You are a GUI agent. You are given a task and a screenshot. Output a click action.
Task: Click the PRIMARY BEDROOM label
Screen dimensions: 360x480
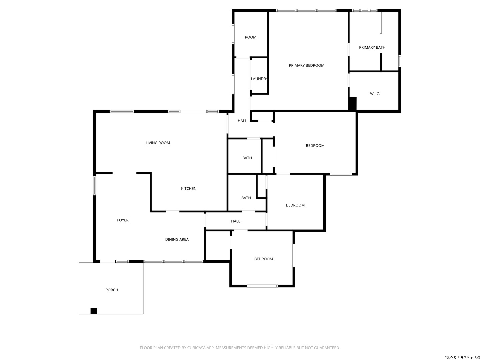[x=306, y=65]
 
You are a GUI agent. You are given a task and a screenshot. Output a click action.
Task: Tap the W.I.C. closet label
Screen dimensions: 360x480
[x=375, y=94]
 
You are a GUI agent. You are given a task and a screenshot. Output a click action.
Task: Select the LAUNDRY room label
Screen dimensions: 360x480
[x=259, y=79]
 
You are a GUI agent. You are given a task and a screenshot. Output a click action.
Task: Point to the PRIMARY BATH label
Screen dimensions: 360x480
[x=372, y=47]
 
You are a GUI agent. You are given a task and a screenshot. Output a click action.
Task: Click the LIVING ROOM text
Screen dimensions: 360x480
[x=158, y=143]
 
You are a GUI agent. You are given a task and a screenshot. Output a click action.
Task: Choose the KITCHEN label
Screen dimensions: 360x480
[x=189, y=189]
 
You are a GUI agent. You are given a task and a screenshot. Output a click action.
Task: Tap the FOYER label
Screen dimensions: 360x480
[x=123, y=220]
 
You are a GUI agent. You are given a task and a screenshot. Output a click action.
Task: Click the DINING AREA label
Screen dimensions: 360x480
[x=177, y=239]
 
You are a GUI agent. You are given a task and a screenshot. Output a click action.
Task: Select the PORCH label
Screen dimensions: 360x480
[x=112, y=290]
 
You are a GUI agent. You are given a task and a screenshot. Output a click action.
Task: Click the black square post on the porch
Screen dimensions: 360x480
[x=94, y=311]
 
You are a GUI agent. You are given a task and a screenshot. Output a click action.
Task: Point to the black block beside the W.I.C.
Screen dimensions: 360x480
[x=352, y=104]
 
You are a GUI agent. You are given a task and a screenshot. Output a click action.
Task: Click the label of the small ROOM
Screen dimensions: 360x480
[x=251, y=37]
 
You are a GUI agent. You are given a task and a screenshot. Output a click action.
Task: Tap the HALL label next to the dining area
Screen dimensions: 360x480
[x=235, y=221]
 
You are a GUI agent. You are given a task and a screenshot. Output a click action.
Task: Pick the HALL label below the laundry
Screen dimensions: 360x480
[x=242, y=121]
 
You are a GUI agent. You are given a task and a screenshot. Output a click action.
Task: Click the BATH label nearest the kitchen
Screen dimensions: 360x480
[x=246, y=198]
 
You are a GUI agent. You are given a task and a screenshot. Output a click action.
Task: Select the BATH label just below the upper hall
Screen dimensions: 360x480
[x=247, y=158]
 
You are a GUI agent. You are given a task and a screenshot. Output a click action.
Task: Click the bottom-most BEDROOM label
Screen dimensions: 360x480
[x=263, y=259]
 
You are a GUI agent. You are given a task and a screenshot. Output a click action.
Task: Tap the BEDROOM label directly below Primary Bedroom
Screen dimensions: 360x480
[x=315, y=146]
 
